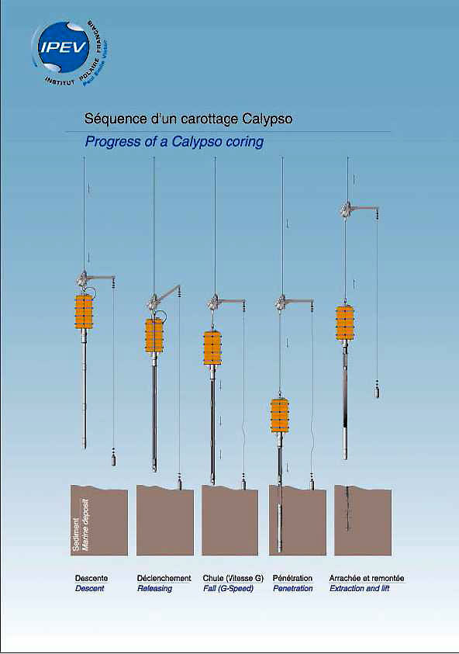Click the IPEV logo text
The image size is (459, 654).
pyautogui.click(x=64, y=47)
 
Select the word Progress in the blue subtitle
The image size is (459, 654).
pyautogui.click(x=110, y=142)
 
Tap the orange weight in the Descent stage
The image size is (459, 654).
pyautogui.click(x=84, y=312)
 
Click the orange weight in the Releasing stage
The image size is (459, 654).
pyautogui.click(x=154, y=336)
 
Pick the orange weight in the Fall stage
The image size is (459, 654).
pyautogui.click(x=212, y=348)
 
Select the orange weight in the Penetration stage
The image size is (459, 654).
pyautogui.click(x=279, y=415)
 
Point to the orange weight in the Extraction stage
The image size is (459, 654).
pyautogui.click(x=345, y=323)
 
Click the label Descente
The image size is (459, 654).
pyautogui.click(x=91, y=578)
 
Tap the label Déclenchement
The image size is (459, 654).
pyautogui.click(x=164, y=578)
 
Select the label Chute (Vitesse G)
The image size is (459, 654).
pyautogui.click(x=233, y=578)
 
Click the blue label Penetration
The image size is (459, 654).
pyautogui.click(x=292, y=589)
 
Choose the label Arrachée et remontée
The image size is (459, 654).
pyautogui.click(x=367, y=578)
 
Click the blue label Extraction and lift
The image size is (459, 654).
pyautogui.click(x=359, y=589)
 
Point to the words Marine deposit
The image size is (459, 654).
pyautogui.click(x=86, y=524)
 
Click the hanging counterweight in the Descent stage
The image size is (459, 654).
pyautogui.click(x=114, y=458)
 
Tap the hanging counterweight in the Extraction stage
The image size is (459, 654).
pyautogui.click(x=378, y=389)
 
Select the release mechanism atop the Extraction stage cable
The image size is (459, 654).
pyautogui.click(x=346, y=209)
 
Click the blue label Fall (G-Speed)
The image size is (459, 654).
pyautogui.click(x=229, y=589)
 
